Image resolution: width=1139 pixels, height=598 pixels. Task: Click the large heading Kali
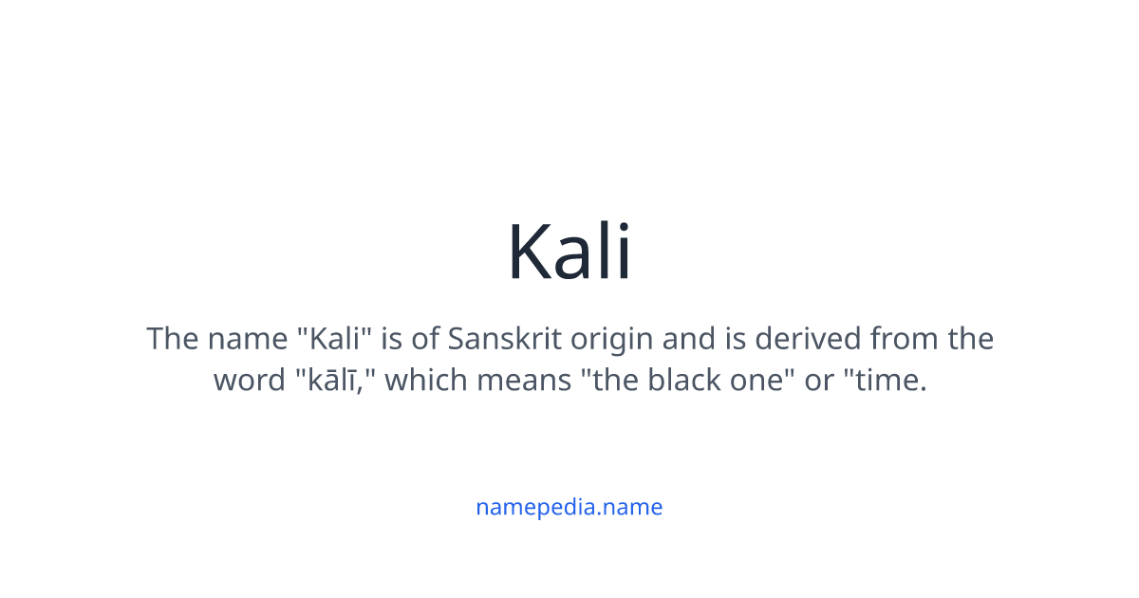569,252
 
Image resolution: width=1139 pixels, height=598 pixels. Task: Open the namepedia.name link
569,507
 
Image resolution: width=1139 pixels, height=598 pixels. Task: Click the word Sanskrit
501,339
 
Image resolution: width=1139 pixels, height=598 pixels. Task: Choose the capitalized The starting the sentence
171,339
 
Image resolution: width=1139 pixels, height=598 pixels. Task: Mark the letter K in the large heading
529,252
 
